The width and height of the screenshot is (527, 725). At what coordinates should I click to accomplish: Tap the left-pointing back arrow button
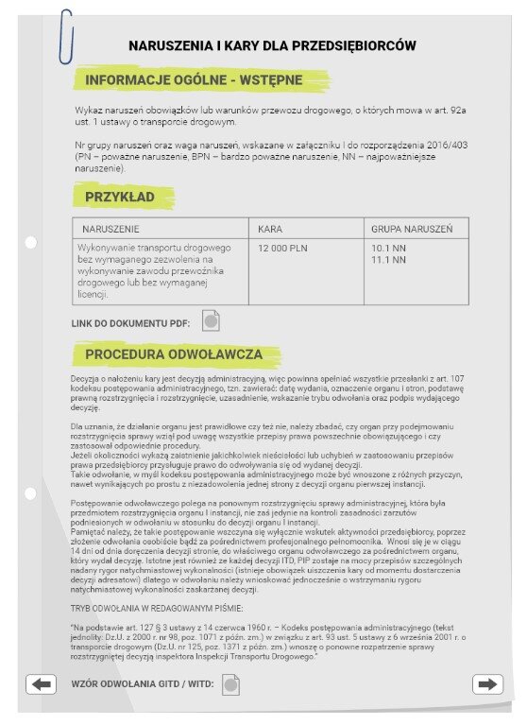tap(41, 684)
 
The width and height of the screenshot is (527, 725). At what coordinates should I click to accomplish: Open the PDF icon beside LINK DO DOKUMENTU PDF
tap(212, 321)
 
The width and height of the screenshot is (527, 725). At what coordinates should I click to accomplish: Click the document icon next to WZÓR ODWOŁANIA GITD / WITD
tap(231, 683)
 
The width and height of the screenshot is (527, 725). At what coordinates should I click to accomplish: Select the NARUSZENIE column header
tap(111, 230)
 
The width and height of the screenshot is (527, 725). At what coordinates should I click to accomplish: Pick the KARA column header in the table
tap(270, 230)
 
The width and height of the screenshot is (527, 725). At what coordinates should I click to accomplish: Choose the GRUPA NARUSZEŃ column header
tap(412, 230)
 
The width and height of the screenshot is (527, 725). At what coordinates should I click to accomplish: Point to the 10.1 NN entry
tap(388, 247)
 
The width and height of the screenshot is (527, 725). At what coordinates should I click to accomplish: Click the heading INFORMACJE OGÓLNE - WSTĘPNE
tap(194, 81)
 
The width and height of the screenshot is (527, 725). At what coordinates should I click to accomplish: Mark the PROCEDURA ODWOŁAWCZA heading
tap(173, 354)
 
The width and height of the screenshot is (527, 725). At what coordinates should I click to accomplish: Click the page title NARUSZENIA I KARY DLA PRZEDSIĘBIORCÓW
tap(272, 45)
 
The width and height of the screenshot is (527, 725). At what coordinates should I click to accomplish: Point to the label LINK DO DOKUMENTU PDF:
tap(130, 323)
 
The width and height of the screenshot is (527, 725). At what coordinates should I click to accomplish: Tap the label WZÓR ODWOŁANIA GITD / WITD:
tap(143, 683)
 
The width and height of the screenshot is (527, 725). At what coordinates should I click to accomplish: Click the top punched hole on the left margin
tap(31, 243)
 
